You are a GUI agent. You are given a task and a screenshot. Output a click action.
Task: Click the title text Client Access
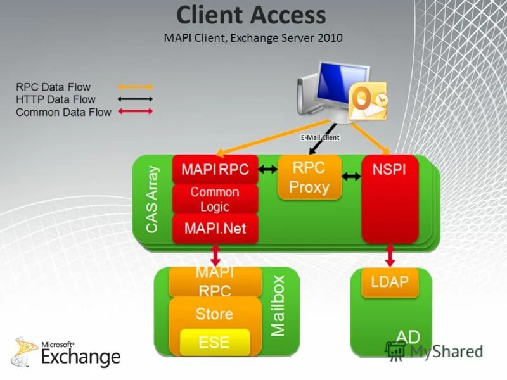(x=251, y=15)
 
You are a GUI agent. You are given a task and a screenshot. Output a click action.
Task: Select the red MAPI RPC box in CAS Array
(x=215, y=170)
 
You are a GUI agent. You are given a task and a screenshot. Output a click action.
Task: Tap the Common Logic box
(x=215, y=199)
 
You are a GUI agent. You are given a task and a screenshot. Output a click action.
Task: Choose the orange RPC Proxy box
(x=310, y=177)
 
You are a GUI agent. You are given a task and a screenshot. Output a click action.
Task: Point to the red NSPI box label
(x=389, y=170)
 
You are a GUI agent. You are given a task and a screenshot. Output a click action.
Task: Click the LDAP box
(x=390, y=282)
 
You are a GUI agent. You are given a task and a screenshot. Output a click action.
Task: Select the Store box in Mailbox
(x=214, y=313)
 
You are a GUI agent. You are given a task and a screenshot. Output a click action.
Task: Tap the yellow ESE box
(x=214, y=342)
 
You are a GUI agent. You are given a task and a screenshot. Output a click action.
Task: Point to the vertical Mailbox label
(x=278, y=305)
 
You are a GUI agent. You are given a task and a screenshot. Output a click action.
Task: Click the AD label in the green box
(x=408, y=336)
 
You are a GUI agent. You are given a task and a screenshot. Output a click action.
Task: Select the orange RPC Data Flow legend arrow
(x=134, y=87)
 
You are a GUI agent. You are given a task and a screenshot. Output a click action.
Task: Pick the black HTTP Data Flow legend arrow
(x=134, y=99)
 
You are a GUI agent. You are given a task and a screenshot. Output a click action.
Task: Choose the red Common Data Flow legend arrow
(x=134, y=112)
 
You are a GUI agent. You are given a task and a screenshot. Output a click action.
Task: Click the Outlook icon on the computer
(x=369, y=102)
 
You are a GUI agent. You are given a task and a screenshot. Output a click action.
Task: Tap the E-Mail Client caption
(x=320, y=137)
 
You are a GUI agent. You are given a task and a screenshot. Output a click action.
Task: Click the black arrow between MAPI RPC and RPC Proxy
(x=267, y=170)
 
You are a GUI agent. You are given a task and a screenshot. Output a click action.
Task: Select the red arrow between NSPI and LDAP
(x=389, y=256)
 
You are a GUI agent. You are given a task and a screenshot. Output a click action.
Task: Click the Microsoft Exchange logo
(x=67, y=353)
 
